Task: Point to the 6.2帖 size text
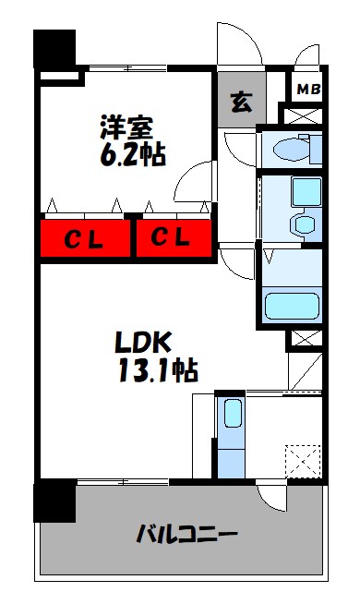point(133,153)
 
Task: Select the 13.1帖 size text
point(154,371)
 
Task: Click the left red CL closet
point(85,238)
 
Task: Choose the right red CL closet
point(172,238)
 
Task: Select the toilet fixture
point(294,147)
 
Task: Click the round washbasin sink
point(300,225)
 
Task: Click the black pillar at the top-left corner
point(54,49)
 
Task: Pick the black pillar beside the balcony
point(54,502)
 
